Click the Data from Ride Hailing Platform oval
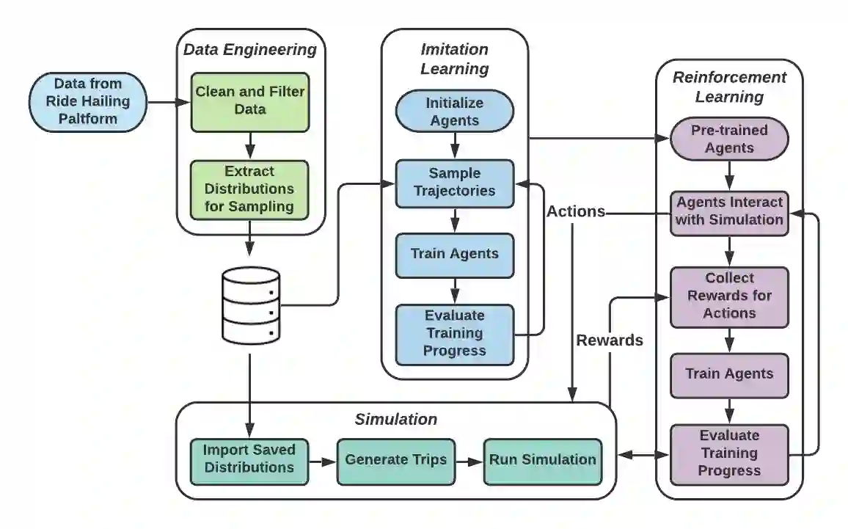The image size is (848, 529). (87, 102)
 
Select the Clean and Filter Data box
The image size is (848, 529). (250, 102)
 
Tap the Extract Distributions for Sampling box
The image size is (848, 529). (249, 189)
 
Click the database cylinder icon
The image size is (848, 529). (251, 306)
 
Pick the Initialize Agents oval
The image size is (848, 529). (455, 112)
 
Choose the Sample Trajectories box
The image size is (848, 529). (455, 183)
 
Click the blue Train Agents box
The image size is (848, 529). (455, 255)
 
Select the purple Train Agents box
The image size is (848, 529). (729, 376)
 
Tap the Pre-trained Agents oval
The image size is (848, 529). (729, 139)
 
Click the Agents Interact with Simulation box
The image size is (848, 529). (729, 213)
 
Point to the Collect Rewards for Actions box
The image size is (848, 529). (729, 297)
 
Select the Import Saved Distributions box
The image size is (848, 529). (249, 461)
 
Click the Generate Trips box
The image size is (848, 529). (396, 461)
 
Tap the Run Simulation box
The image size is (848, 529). (542, 461)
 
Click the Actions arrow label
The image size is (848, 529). (575, 211)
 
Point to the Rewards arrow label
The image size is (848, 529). (610, 340)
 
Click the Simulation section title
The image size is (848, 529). (396, 419)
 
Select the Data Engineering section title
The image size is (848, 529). (250, 50)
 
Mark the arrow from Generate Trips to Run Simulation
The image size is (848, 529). (469, 462)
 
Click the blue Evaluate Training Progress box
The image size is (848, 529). (455, 335)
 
